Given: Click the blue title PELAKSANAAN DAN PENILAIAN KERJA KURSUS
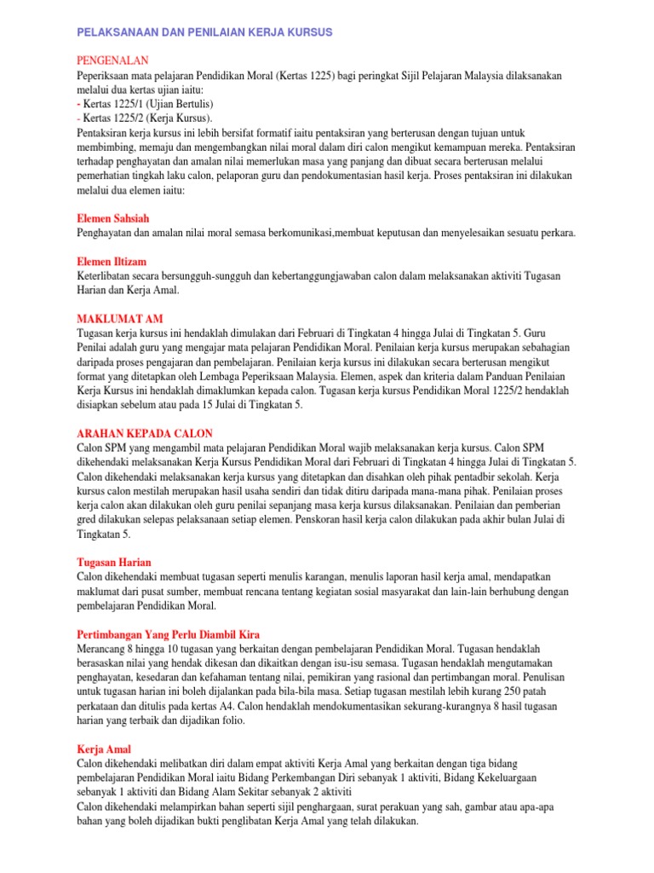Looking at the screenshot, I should pos(204,32).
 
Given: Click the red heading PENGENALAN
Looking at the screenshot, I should pos(112,61).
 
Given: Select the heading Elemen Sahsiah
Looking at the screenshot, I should pos(113,218).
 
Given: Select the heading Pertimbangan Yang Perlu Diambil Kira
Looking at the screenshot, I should pos(168,634).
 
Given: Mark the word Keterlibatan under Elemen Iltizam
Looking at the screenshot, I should pos(107,276).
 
